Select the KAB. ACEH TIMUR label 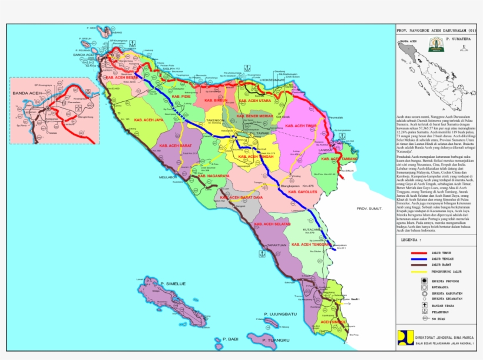pos(301,126)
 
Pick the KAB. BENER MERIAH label pos(255,116)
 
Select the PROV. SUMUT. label pos(370,209)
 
